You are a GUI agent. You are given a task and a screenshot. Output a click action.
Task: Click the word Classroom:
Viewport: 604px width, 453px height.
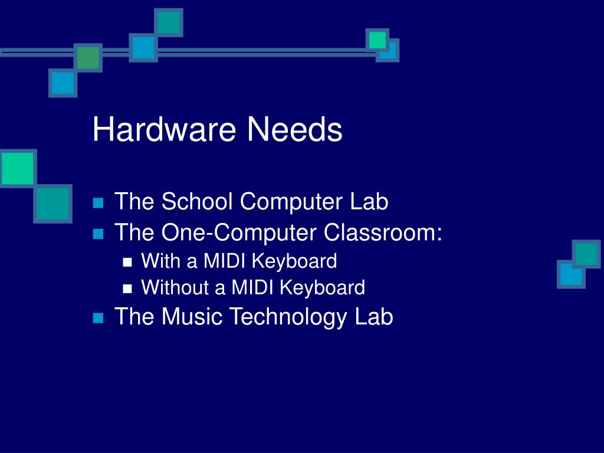[383, 233]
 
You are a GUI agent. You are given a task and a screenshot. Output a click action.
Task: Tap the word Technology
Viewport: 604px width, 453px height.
[288, 317]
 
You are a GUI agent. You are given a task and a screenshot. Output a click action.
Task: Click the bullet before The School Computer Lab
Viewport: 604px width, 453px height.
[98, 204]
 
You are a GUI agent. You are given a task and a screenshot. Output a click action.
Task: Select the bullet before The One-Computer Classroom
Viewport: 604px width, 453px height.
[98, 234]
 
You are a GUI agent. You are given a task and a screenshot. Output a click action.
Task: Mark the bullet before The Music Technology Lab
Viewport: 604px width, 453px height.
[98, 319]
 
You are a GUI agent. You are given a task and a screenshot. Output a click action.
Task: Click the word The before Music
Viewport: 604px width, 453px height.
[135, 317]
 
